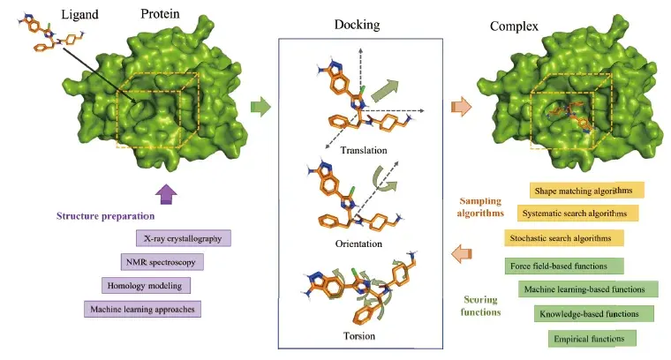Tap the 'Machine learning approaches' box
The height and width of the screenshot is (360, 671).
(141, 309)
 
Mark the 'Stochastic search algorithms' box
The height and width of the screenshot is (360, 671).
(564, 238)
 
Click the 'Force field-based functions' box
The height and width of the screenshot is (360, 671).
(563, 266)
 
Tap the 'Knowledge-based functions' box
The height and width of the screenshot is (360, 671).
(594, 313)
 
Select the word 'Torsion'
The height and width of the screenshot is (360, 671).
(358, 336)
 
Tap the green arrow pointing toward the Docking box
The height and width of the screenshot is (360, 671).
(260, 108)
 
